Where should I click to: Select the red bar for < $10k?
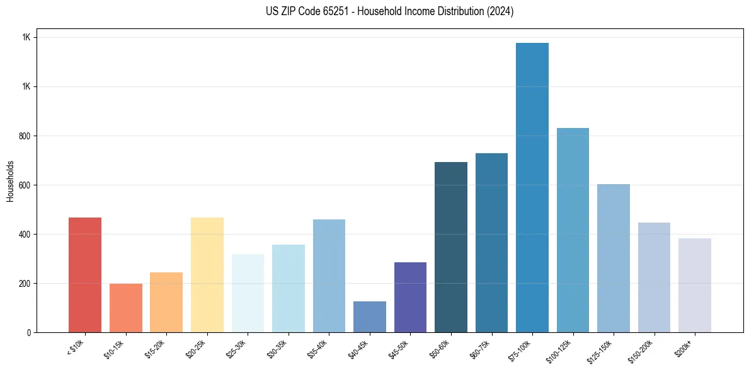coord(85,275)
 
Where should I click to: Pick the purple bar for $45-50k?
coord(410,298)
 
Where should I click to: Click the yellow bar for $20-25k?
coord(207,275)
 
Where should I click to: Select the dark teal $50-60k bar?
coord(450,247)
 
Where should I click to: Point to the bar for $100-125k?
coord(573,230)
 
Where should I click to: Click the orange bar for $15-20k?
coord(166,302)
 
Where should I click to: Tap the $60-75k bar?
coord(491,243)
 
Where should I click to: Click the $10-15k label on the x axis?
coord(114,349)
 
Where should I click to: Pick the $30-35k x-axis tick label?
coord(277,349)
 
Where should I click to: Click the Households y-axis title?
coord(10,181)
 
